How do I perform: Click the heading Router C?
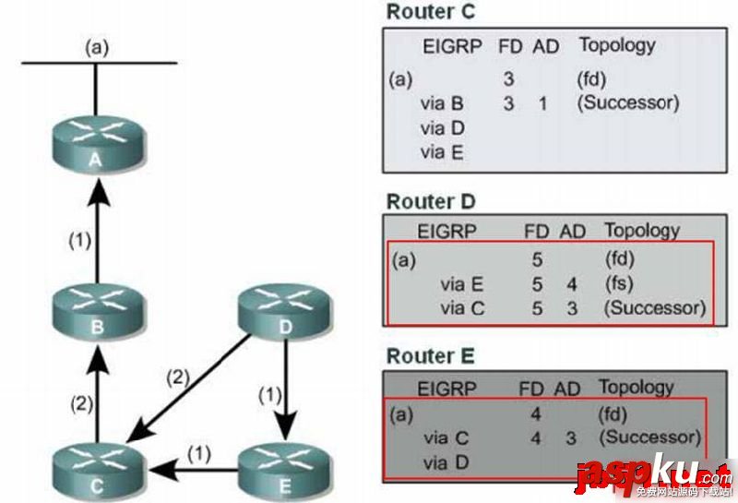[x=432, y=12]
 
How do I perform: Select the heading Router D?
[x=432, y=201]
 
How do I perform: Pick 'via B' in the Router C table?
[x=442, y=103]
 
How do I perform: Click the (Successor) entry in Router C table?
[x=627, y=103]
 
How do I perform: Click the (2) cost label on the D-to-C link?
[x=177, y=376]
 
